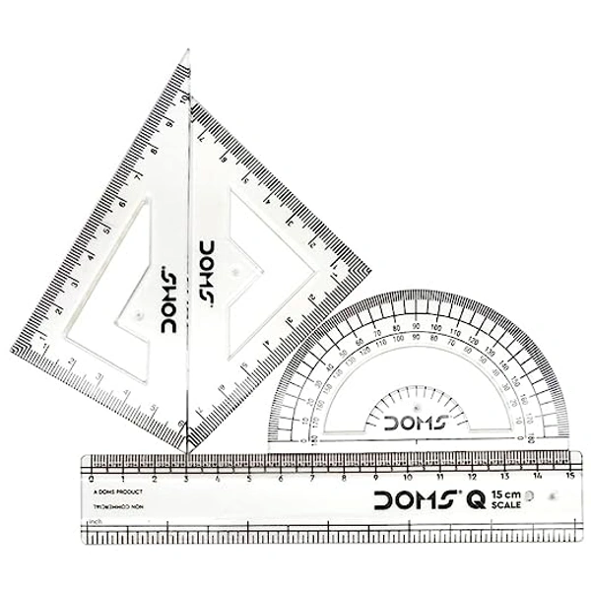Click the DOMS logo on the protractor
pyautogui.click(x=417, y=424)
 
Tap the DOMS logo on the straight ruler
pyautogui.click(x=413, y=500)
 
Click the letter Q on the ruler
pyautogui.click(x=475, y=500)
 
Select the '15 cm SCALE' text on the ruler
pyautogui.click(x=510, y=499)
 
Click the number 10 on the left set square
pyautogui.click(x=183, y=98)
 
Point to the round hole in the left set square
pyautogui.click(x=138, y=315)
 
